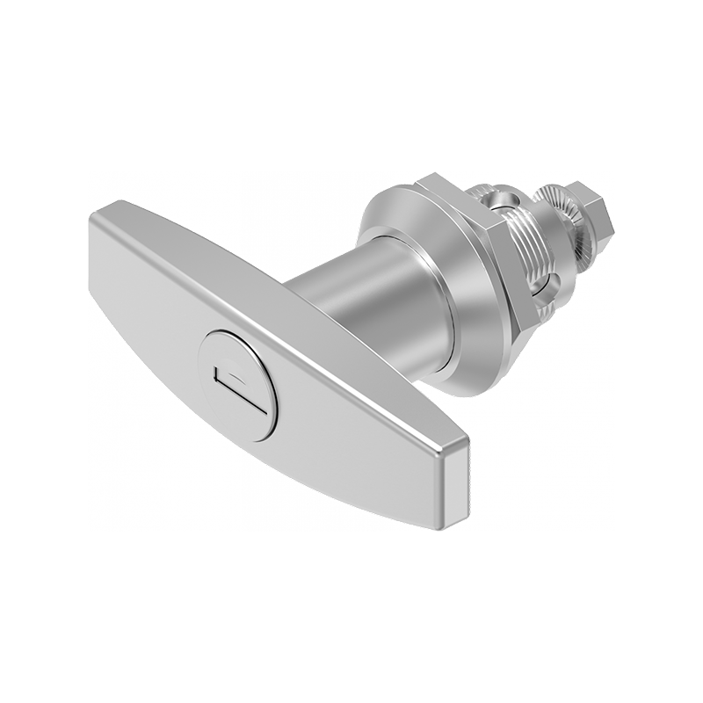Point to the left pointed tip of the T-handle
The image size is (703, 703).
click(94, 217)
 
